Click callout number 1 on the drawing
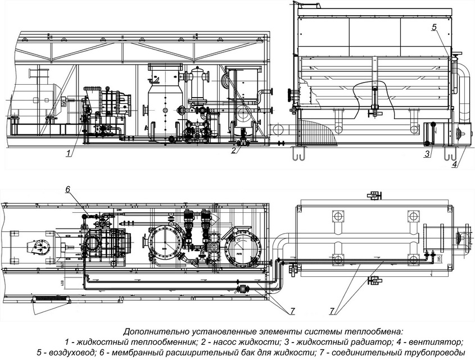68,153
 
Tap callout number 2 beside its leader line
233,150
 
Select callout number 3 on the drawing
427,153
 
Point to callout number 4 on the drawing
454,165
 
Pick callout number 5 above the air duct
434,27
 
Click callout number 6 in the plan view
67,190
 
